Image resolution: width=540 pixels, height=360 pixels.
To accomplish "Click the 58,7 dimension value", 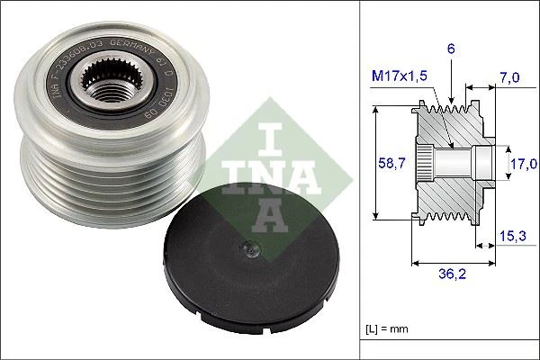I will click(x=384, y=163).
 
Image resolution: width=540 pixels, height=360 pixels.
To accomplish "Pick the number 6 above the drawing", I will click(x=450, y=50).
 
